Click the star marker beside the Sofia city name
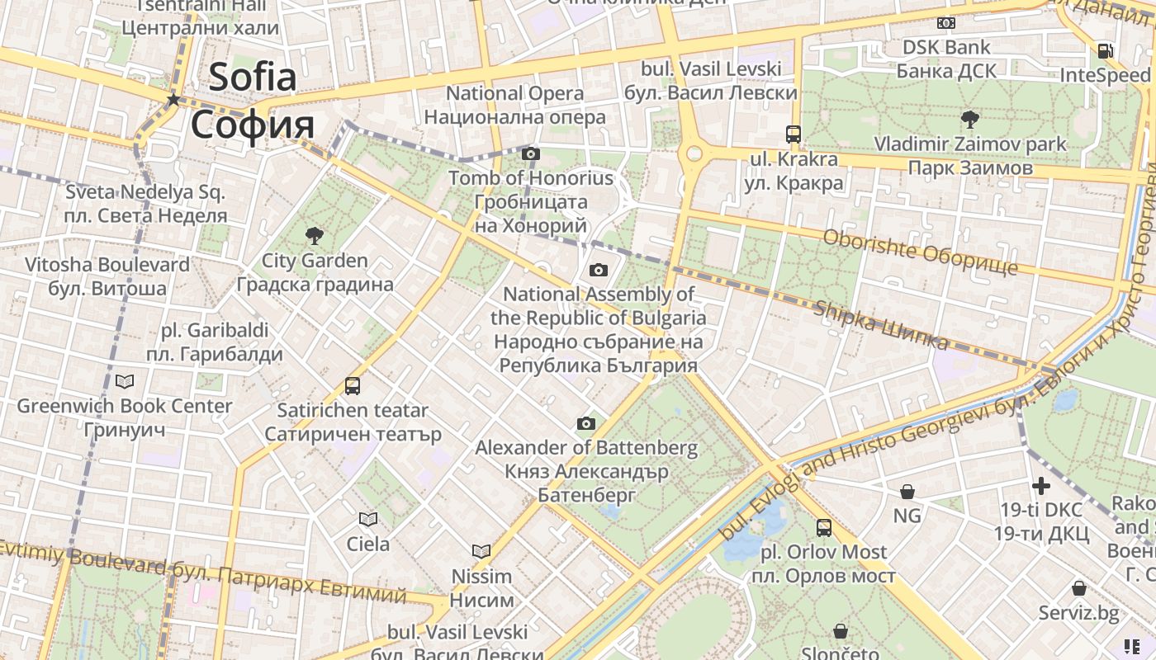point(173,100)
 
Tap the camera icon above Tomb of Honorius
point(531,153)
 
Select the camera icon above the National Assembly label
point(599,270)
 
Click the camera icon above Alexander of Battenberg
point(586,424)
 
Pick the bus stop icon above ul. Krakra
point(793,134)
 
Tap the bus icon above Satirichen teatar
point(353,385)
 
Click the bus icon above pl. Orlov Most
point(823,527)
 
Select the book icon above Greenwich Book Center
point(125,381)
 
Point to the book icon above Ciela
point(368,519)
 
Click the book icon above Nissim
point(481,551)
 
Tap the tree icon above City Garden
point(314,236)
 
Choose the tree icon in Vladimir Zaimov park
point(970,120)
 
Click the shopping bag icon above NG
point(907,492)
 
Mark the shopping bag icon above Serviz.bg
point(1078,588)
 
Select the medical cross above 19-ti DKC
point(1041,485)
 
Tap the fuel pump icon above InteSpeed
point(1105,50)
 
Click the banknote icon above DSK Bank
point(945,23)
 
